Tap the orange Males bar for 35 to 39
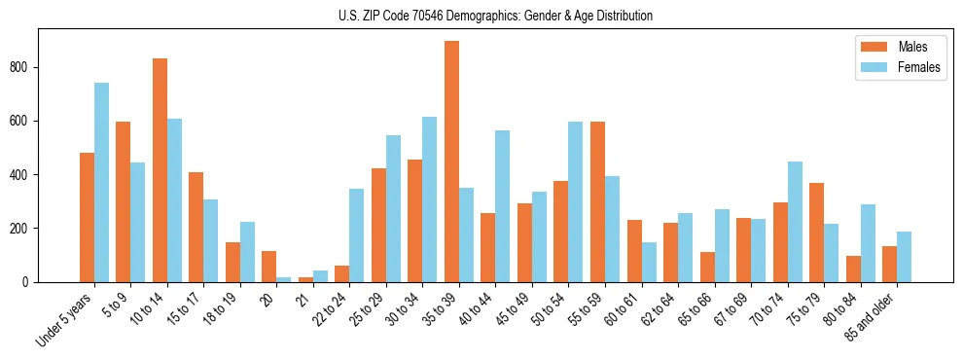pyautogui.click(x=451, y=162)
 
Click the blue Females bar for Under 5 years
pyautogui.click(x=101, y=183)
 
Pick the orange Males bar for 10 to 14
pyautogui.click(x=160, y=170)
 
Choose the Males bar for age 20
pyautogui.click(x=269, y=267)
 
